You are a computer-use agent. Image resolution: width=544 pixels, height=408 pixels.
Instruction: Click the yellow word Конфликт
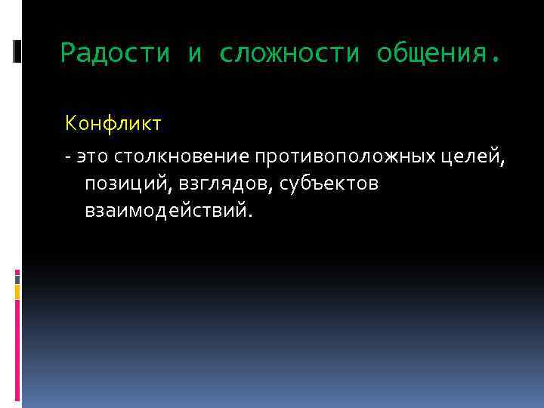113,122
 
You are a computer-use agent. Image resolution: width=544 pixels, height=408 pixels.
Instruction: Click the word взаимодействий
165,211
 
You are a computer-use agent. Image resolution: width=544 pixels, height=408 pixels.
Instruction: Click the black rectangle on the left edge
17,51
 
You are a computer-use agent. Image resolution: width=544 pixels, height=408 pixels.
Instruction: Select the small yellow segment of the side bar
17,292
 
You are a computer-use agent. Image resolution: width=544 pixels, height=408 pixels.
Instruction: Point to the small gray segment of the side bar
17,277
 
